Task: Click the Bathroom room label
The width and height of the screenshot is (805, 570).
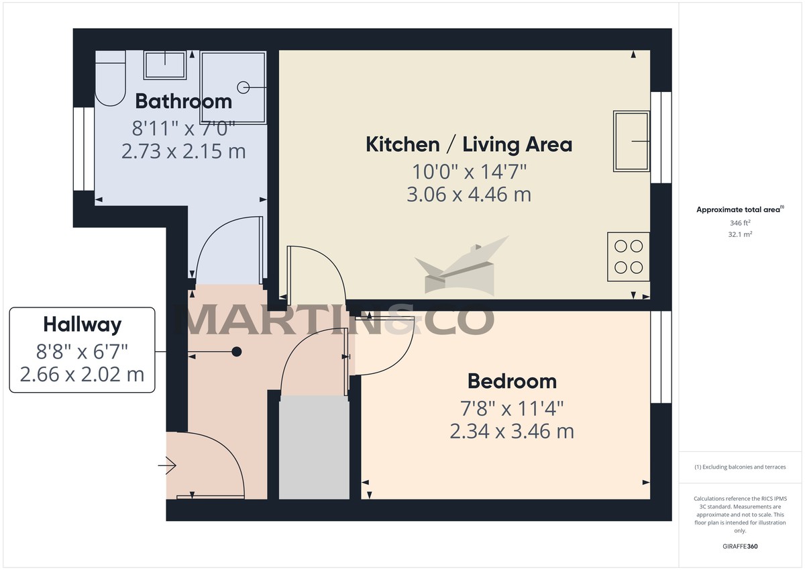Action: [x=183, y=101]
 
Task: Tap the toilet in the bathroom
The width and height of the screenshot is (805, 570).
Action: [x=110, y=79]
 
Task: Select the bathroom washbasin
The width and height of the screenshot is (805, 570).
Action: [x=165, y=65]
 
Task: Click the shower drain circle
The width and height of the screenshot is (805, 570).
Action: [x=244, y=87]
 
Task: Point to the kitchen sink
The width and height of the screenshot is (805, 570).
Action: [x=631, y=141]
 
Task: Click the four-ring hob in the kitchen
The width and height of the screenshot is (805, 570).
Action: [x=629, y=256]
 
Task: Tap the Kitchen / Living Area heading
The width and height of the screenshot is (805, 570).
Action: [x=469, y=144]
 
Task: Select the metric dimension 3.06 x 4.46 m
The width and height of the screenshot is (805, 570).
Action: [x=469, y=195]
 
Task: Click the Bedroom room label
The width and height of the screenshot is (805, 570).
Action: [x=512, y=381]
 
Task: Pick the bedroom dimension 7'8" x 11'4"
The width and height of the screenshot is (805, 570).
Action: [x=512, y=408]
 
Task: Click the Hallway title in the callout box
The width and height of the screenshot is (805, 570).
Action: [x=83, y=325]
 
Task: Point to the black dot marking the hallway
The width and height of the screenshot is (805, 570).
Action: [x=236, y=352]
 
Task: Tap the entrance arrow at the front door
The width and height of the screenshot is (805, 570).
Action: [x=167, y=466]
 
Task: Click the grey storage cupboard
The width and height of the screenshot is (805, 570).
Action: [x=314, y=448]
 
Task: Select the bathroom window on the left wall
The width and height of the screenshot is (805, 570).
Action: [x=84, y=149]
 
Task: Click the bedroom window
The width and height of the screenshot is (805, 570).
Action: [x=661, y=357]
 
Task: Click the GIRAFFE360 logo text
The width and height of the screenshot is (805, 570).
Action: [x=740, y=547]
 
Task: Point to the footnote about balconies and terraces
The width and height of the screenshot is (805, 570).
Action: [x=740, y=467]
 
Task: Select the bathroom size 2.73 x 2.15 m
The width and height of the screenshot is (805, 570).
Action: [x=183, y=152]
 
